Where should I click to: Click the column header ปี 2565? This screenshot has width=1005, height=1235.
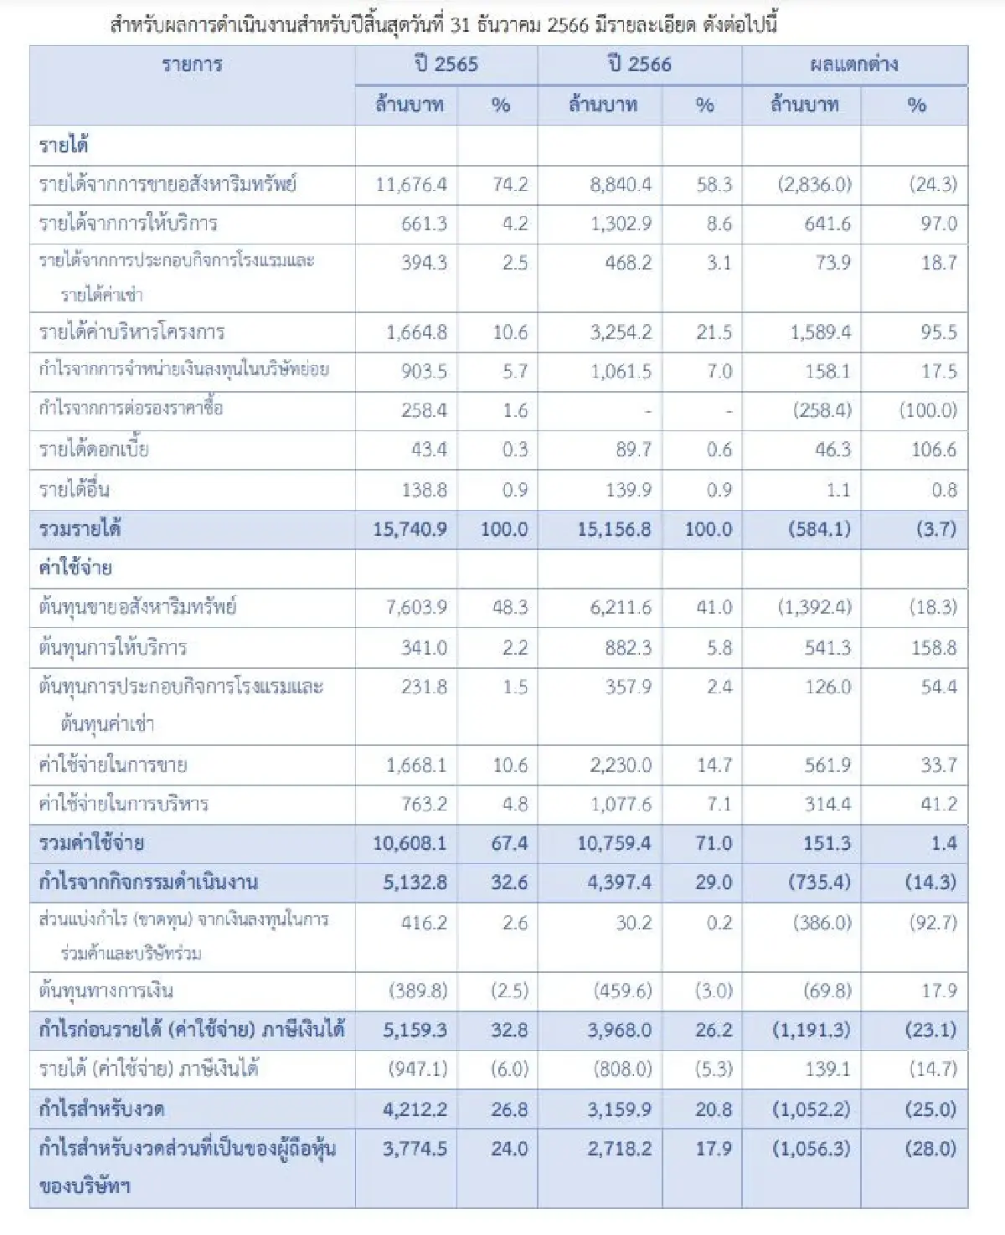pyautogui.click(x=446, y=64)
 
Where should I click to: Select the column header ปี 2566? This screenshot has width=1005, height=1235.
pyautogui.click(x=639, y=64)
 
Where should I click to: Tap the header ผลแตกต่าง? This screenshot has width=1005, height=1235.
pyautogui.click(x=853, y=64)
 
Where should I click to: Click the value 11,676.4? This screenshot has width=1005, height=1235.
pyautogui.click(x=411, y=184)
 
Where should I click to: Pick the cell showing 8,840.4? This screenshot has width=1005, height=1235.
pyautogui.click(x=620, y=184)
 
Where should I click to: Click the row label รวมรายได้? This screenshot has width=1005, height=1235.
pyautogui.click(x=80, y=529)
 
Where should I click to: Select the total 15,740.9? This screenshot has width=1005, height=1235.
pyautogui.click(x=410, y=529)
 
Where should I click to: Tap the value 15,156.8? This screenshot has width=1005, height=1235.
pyautogui.click(x=614, y=529)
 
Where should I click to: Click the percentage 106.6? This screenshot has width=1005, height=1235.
pyautogui.click(x=933, y=450)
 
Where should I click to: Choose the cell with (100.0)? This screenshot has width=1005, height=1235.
pyautogui.click(x=928, y=410)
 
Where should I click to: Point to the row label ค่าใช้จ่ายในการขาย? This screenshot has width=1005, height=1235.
pyautogui.click(x=113, y=765)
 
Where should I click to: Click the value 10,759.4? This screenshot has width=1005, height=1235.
pyautogui.click(x=614, y=843)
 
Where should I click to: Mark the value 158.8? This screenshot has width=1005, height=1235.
pyautogui.click(x=933, y=647)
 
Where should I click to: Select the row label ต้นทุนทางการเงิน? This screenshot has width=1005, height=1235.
pyautogui.click(x=106, y=991)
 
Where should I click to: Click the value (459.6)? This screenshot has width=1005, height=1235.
pyautogui.click(x=622, y=991)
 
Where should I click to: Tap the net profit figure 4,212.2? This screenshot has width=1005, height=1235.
pyautogui.click(x=415, y=1109)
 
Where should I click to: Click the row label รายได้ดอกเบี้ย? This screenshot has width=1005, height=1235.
pyautogui.click(x=94, y=450)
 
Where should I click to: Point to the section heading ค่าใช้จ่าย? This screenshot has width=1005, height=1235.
pyautogui.click(x=75, y=569)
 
